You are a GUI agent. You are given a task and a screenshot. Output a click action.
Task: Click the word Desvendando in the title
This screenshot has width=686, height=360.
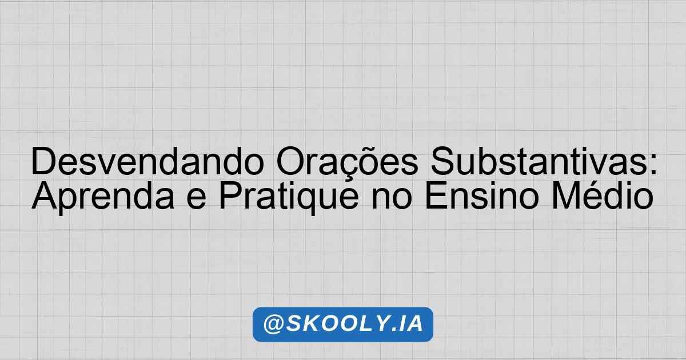(147, 161)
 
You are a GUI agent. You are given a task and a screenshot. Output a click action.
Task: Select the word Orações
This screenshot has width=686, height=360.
(347, 161)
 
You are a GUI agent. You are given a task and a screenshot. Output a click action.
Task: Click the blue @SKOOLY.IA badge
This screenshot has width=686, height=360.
(343, 324)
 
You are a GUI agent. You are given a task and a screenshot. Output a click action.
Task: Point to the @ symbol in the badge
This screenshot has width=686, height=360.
(273, 324)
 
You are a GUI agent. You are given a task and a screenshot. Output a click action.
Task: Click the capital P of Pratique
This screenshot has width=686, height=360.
(230, 195)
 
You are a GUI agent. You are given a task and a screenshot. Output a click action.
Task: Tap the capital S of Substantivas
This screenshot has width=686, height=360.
(442, 161)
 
